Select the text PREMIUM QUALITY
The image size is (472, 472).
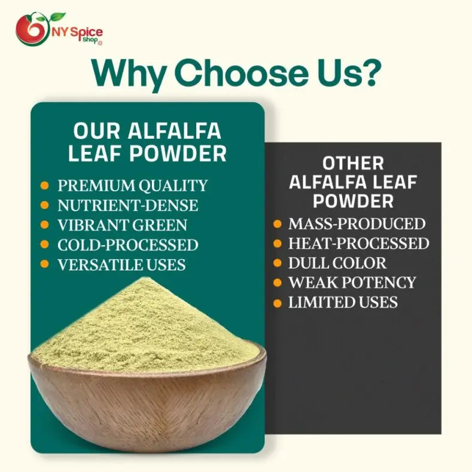tap(132, 185)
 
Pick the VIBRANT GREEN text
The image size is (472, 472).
tap(122, 225)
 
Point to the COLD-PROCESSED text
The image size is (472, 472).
tap(127, 245)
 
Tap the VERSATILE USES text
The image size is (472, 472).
tap(121, 264)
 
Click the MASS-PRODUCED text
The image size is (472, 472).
tap(357, 224)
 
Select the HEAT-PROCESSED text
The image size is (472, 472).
tap(358, 243)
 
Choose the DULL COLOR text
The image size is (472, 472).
tap(337, 263)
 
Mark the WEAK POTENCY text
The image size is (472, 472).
tap(352, 282)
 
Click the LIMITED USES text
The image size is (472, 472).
tap(343, 302)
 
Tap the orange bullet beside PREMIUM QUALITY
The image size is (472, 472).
tap(44, 185)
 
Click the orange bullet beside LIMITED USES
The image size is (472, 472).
tap(277, 303)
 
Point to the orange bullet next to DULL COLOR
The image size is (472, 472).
tap(277, 263)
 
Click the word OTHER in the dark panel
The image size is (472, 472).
tap(353, 163)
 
